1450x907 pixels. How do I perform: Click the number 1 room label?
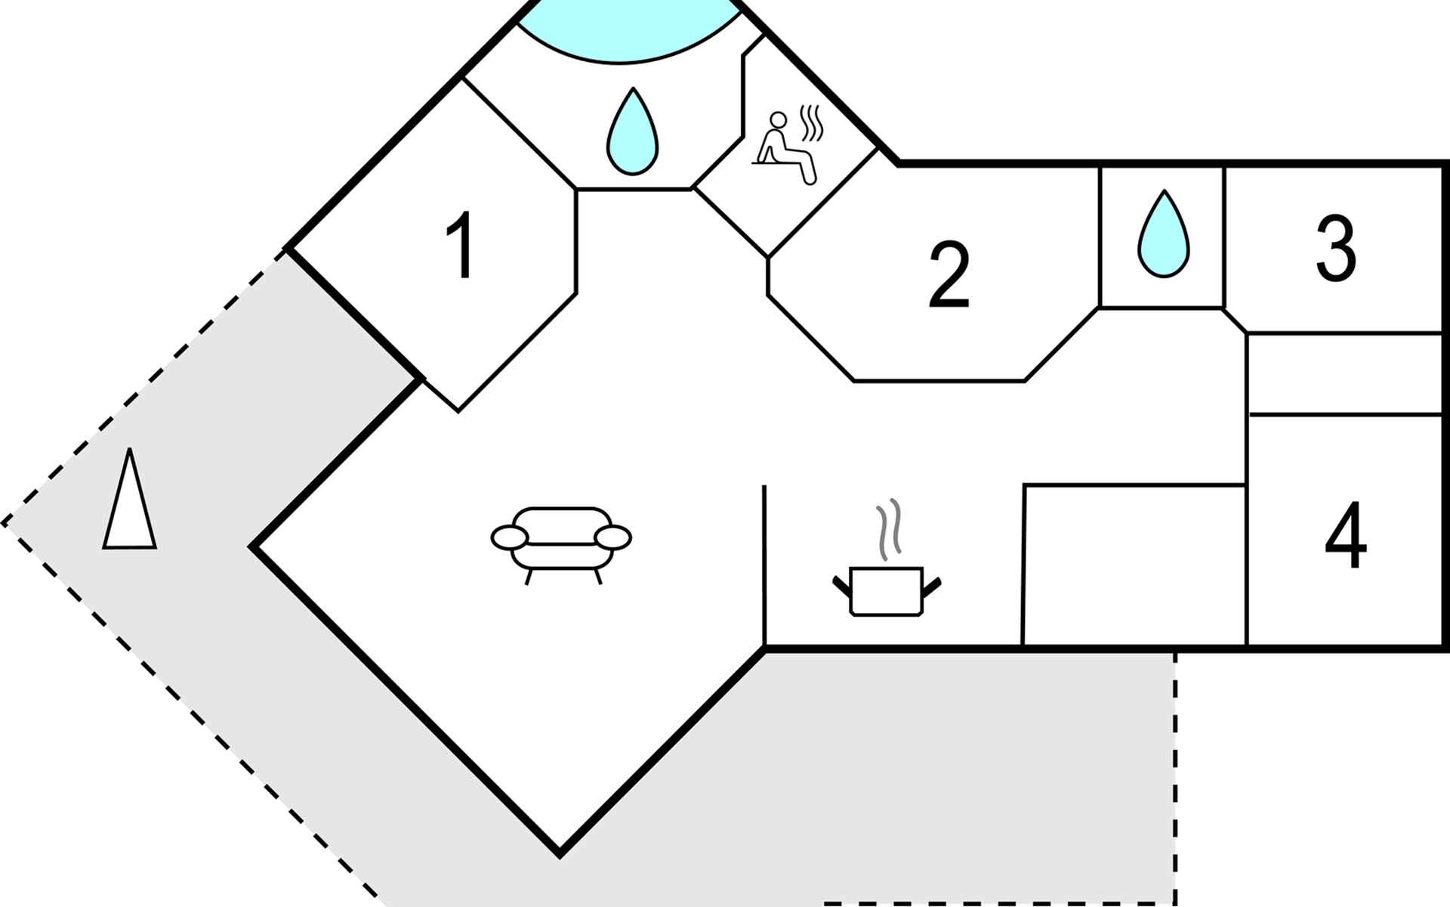pyautogui.click(x=461, y=245)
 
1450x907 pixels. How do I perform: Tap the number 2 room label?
pyautogui.click(x=949, y=275)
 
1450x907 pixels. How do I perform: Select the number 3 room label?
pyautogui.click(x=1335, y=248)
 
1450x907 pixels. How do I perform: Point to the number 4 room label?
pyautogui.click(x=1346, y=535)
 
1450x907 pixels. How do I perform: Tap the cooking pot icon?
pyautogui.click(x=887, y=591)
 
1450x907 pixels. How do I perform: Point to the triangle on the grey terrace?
pyautogui.click(x=130, y=503)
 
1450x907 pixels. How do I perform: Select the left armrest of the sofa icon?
pyautogui.click(x=510, y=537)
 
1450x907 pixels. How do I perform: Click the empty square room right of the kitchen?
pyautogui.click(x=1134, y=565)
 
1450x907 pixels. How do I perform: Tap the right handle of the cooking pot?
pyautogui.click(x=933, y=584)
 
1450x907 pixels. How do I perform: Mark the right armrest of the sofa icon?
pyautogui.click(x=612, y=537)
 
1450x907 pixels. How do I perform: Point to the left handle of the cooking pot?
pyautogui.click(x=841, y=584)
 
